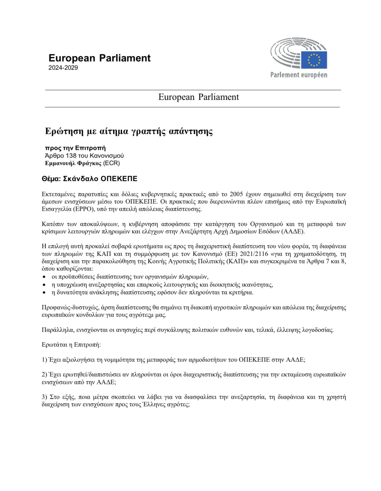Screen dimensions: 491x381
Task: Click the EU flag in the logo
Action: [314, 60]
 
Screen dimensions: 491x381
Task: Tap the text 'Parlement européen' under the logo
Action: [299, 75]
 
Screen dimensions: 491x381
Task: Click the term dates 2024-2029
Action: [63, 68]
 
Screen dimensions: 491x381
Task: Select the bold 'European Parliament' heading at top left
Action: [99, 58]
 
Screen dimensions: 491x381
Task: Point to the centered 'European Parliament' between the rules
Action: [199, 97]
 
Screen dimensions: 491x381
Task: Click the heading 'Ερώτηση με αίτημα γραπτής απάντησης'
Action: [129, 131]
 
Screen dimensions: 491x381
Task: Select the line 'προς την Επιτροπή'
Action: [75, 148]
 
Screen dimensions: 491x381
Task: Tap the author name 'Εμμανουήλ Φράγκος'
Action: [73, 163]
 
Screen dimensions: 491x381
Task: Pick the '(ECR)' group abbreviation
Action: [111, 163]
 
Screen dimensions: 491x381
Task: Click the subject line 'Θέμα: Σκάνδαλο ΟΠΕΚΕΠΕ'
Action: [89, 179]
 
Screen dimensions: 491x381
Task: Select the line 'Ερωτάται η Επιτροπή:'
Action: [71, 345]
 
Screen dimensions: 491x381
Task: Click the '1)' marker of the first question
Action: [44, 360]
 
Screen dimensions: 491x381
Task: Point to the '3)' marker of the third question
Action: [44, 397]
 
